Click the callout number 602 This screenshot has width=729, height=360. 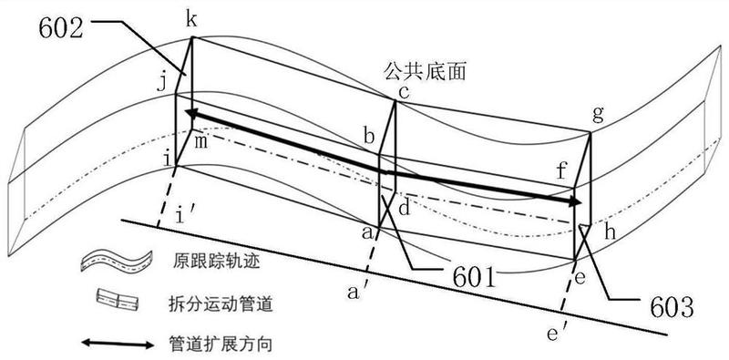click(x=61, y=29)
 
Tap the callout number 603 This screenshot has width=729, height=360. click(x=672, y=307)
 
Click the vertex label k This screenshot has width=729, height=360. click(x=190, y=20)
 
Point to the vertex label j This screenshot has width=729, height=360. click(x=161, y=85)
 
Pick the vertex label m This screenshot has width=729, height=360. click(x=200, y=143)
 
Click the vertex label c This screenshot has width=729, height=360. click(x=403, y=93)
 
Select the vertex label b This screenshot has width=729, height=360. click(x=369, y=138)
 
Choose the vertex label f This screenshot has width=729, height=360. click(x=562, y=171)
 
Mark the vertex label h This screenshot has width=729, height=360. click(x=610, y=231)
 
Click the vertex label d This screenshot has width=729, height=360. click(x=405, y=209)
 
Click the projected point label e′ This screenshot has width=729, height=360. click(x=556, y=334)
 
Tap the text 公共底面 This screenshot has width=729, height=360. click(x=425, y=72)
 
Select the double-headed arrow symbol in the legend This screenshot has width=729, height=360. click(x=118, y=345)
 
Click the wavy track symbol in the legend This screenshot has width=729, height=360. click(x=117, y=261)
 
